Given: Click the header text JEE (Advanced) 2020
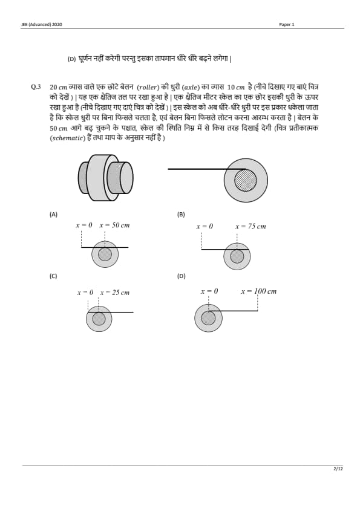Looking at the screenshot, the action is pyautogui.click(x=42, y=25).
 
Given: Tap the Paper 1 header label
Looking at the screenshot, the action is pyautogui.click(x=287, y=25).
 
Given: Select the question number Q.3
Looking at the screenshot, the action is pyautogui.click(x=36, y=87).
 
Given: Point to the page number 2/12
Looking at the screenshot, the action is pyautogui.click(x=338, y=468).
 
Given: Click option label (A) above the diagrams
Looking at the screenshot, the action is pyautogui.click(x=53, y=214).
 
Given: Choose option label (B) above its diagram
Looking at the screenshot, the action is pyautogui.click(x=181, y=214).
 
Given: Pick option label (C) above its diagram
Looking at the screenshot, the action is pyautogui.click(x=53, y=276).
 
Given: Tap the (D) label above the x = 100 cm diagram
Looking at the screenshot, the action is pyautogui.click(x=182, y=276).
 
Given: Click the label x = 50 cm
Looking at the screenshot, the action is pyautogui.click(x=114, y=225).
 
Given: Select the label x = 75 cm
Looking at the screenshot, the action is pyautogui.click(x=250, y=226).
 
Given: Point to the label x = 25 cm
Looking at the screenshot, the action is pyautogui.click(x=115, y=293).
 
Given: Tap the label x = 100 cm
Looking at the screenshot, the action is pyautogui.click(x=258, y=291).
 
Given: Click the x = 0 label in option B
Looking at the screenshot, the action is pyautogui.click(x=205, y=226).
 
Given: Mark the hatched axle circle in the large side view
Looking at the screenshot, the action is pyautogui.click(x=246, y=180).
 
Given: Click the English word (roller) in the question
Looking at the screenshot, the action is pyautogui.click(x=148, y=87).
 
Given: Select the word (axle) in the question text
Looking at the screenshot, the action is pyautogui.click(x=191, y=87).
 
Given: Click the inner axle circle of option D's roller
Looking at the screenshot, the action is pyautogui.click(x=208, y=318).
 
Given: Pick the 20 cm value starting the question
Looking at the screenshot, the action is pyautogui.click(x=59, y=87).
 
